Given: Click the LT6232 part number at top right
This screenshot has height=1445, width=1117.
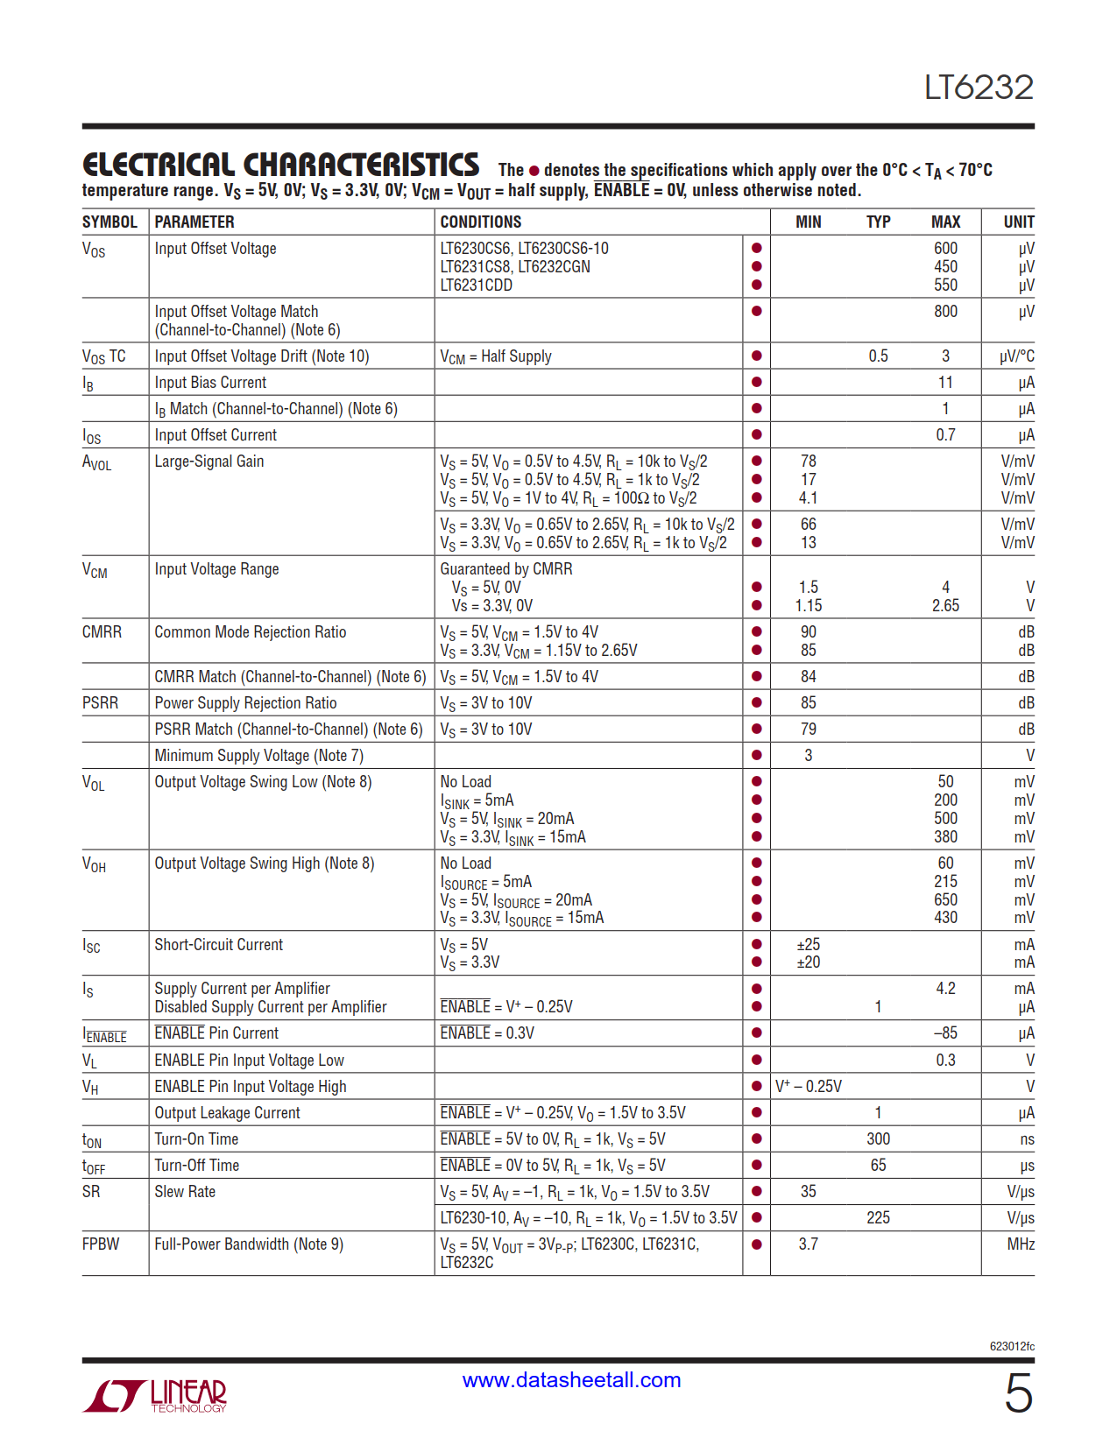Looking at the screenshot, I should (979, 88).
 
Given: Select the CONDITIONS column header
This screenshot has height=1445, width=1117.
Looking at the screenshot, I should (480, 222).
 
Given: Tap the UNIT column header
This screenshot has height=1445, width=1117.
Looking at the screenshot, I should (1018, 222).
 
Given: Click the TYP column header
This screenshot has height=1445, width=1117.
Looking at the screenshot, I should (878, 222).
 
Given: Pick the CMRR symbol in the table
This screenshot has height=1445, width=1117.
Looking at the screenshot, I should (102, 632).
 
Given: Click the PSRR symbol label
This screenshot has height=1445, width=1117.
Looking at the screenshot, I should (100, 703).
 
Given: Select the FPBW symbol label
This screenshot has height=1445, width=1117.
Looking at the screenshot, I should (101, 1244).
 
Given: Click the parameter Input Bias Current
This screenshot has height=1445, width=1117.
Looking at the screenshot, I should (210, 383).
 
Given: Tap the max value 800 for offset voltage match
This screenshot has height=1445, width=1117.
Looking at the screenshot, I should (945, 312).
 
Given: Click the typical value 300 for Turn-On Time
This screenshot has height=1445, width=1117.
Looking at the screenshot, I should (878, 1139).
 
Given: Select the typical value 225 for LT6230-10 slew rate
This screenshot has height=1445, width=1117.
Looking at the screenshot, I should (878, 1218).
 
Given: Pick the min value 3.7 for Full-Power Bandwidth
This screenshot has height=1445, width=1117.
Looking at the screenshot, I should (808, 1244).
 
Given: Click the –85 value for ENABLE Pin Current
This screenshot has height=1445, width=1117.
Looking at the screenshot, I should (945, 1033).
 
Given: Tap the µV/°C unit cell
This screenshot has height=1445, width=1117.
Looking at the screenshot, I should (1016, 356).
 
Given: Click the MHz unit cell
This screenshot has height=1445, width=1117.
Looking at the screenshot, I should (1020, 1244).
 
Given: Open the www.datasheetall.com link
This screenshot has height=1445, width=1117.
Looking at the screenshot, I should (571, 1380).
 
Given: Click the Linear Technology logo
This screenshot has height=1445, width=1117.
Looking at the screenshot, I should (155, 1395).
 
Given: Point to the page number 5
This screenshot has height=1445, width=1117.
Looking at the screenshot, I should (1018, 1393).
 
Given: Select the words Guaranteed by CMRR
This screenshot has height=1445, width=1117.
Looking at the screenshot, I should (506, 569).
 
